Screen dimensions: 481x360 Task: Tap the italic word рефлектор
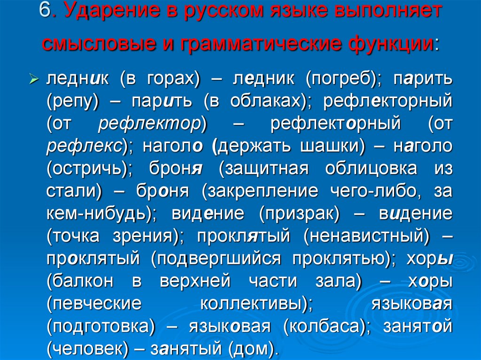pos(150,124)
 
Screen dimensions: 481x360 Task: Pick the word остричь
pos(88,169)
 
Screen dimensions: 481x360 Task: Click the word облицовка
pos(371,169)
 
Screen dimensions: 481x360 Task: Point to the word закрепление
pos(263,191)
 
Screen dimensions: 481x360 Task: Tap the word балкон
pos(83,281)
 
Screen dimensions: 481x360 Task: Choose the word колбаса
pos(324,326)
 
